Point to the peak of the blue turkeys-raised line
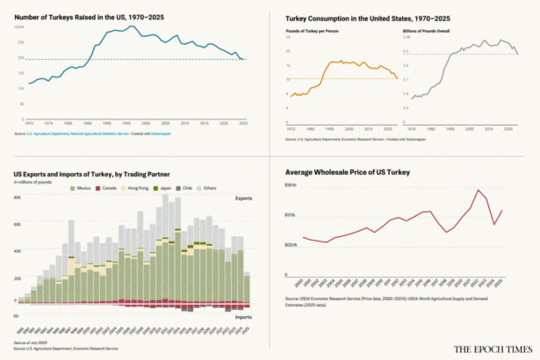point(130,26)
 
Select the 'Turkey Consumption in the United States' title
point(356,17)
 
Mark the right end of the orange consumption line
point(398,80)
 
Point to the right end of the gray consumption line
point(518,54)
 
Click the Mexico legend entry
point(82,189)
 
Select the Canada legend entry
point(109,189)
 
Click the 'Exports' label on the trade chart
point(243,198)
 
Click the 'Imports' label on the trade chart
point(243,317)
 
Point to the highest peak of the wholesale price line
point(479,190)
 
